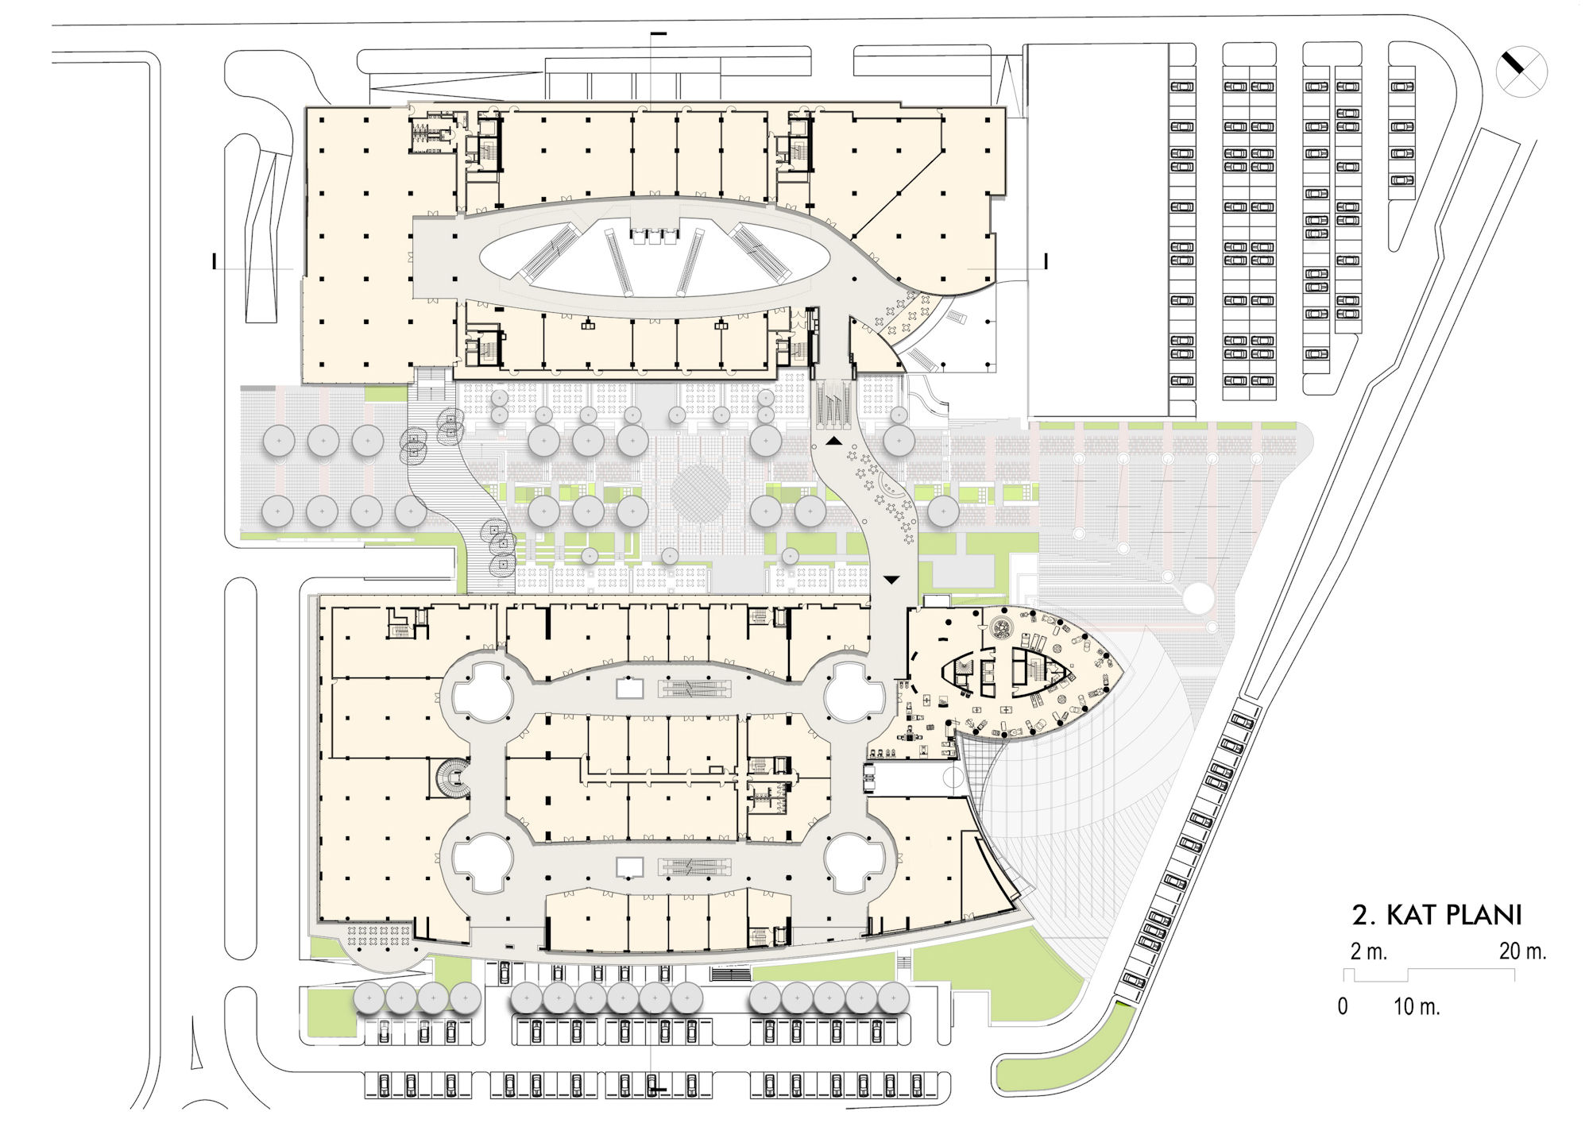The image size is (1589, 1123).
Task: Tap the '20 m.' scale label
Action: tap(1522, 951)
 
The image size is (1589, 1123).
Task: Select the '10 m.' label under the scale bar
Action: tap(1417, 1006)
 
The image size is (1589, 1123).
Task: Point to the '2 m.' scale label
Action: tap(1368, 951)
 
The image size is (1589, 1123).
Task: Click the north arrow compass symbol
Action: tap(1521, 72)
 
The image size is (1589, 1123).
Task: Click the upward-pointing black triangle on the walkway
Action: tap(834, 441)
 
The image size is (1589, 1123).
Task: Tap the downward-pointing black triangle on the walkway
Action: tap(891, 580)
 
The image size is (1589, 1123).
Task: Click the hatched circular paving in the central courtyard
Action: tap(700, 493)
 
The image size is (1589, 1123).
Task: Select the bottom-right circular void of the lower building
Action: tap(854, 863)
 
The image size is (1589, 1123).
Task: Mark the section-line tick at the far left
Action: tap(215, 260)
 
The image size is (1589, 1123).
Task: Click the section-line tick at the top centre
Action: tap(659, 33)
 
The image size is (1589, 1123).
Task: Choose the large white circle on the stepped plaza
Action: tap(1199, 597)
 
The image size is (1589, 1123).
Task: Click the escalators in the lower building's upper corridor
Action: tap(694, 689)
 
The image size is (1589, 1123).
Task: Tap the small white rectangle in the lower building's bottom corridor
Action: tap(630, 867)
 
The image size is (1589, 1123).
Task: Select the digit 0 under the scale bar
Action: tap(1343, 1006)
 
